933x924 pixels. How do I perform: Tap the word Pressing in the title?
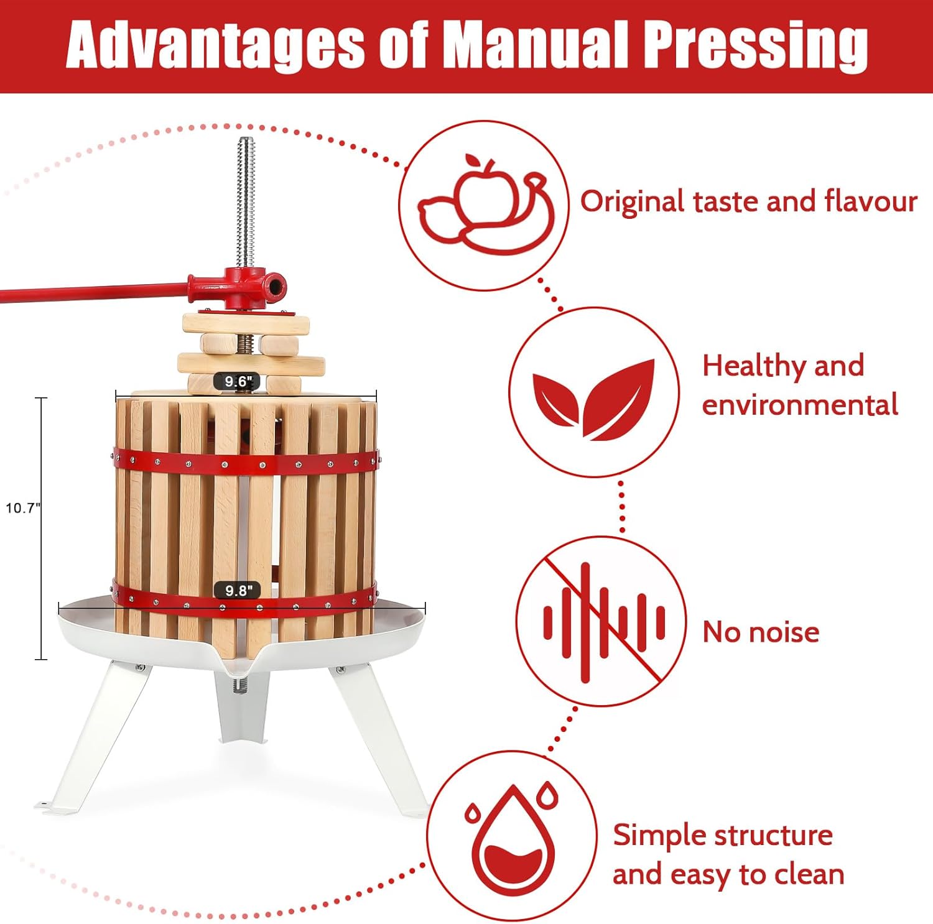coord(754,45)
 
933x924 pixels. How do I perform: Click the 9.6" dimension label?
coord(236,381)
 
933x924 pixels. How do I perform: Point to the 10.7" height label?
coord(22,508)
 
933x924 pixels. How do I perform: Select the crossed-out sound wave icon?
coord(601,621)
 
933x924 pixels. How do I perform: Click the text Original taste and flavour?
coord(748,201)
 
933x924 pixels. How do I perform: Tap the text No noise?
coord(760,632)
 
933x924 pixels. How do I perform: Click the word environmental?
coord(799,405)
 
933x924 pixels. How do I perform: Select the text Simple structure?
coord(722,834)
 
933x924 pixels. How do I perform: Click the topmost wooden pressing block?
coord(246,323)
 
